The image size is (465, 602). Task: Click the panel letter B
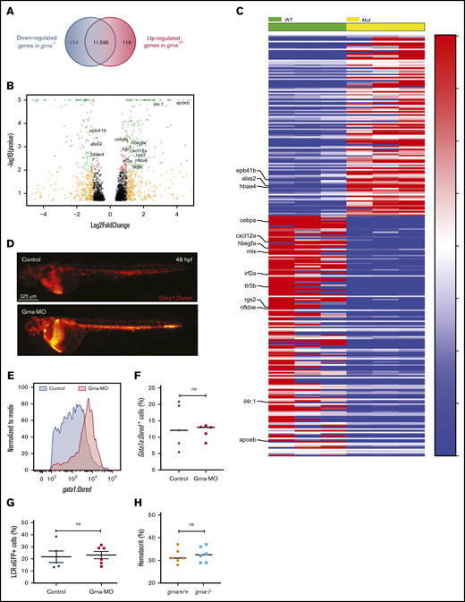(7, 88)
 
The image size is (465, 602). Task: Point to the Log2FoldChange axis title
(110, 217)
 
